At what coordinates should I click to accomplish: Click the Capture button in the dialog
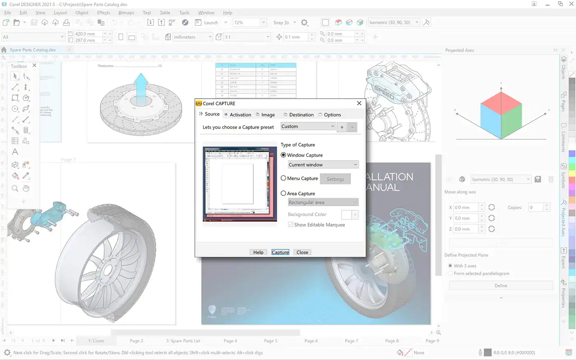coord(280,252)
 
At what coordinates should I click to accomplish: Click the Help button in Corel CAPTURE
coord(258,252)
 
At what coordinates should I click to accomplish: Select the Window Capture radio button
coord(283,155)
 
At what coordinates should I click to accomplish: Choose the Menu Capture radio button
coord(283,178)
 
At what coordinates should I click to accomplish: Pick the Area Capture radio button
coord(283,193)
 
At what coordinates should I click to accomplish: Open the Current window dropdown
coord(323,165)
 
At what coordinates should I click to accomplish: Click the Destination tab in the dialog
coord(301,115)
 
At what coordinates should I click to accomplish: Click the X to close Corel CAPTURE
coord(359,103)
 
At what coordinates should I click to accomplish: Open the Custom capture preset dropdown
coord(308,126)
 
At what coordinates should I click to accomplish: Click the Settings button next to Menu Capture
coord(335,179)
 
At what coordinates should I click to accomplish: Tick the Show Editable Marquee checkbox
coord(291,225)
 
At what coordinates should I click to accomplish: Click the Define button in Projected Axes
coord(501,286)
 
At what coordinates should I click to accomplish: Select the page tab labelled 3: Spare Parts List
coord(183,341)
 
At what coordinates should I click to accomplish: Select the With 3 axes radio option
coord(450,266)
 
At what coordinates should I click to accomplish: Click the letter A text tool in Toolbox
coord(15,152)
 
